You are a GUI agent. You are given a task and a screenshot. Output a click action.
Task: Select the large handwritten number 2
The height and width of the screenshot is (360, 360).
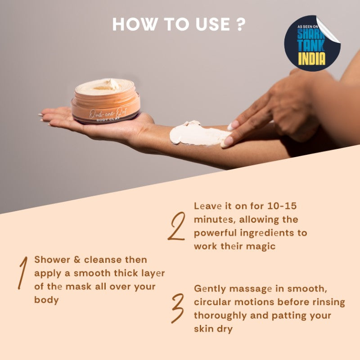pos(176,226)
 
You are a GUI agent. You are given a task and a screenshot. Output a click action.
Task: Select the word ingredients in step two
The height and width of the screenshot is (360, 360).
pos(262,233)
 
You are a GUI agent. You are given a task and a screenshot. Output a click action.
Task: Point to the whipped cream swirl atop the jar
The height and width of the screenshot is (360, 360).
pos(108,84)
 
